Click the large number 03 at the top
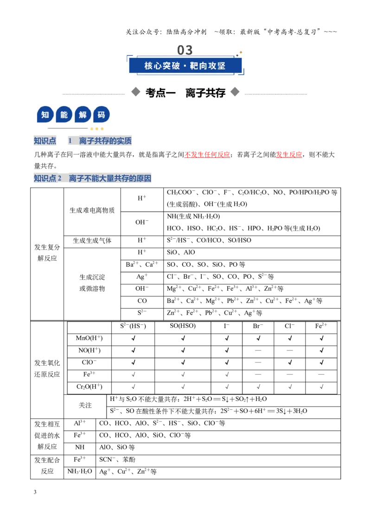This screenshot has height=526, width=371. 185,50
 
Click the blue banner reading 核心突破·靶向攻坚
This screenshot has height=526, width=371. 185,66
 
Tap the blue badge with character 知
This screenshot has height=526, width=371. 45,115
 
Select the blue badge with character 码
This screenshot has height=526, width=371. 101,115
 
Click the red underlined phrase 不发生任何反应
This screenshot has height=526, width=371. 207,155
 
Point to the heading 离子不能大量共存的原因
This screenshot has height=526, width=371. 110,178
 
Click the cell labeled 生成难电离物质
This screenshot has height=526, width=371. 92,210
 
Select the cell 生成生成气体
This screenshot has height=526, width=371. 92,241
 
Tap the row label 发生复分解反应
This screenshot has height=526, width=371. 47,253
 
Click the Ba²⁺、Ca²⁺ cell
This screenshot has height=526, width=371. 142,264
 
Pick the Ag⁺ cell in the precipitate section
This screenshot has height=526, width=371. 142,277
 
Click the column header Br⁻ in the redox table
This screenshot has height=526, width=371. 258,326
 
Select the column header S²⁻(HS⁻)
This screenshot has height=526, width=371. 133,326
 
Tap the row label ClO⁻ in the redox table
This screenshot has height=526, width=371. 89,362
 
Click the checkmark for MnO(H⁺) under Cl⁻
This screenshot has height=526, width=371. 290,338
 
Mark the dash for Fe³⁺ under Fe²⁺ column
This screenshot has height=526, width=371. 321,374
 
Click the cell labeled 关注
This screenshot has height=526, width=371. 85,405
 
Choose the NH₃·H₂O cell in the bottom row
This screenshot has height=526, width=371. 80,471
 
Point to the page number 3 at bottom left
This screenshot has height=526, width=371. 35,492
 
